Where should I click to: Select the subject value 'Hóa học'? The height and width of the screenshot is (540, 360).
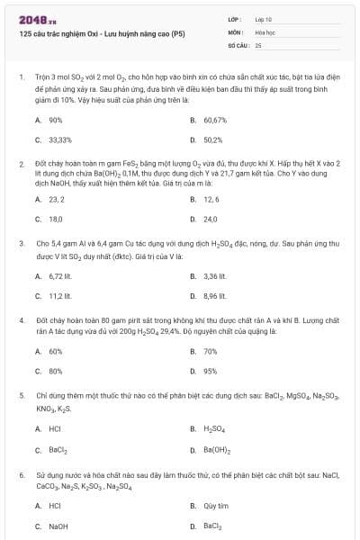pyautogui.click(x=264, y=31)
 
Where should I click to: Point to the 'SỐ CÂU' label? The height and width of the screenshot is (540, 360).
pyautogui.click(x=238, y=44)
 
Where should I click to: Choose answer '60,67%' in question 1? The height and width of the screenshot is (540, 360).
pyautogui.click(x=215, y=119)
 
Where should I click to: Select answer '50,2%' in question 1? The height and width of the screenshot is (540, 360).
pyautogui.click(x=212, y=139)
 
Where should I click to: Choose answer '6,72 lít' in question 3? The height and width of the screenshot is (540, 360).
pyautogui.click(x=60, y=277)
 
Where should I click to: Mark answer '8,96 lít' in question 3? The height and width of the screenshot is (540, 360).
pyautogui.click(x=214, y=297)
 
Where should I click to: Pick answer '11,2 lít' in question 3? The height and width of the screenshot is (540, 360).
pyautogui.click(x=59, y=297)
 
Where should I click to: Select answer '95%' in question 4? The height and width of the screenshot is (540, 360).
pyautogui.click(x=210, y=371)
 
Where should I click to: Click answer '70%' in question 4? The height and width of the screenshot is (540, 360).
pyautogui.click(x=210, y=351)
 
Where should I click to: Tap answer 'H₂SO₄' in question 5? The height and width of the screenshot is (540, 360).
pyautogui.click(x=214, y=429)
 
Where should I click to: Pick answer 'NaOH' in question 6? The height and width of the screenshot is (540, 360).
pyautogui.click(x=58, y=526)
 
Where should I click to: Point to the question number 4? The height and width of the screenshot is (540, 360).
pyautogui.click(x=21, y=319)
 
